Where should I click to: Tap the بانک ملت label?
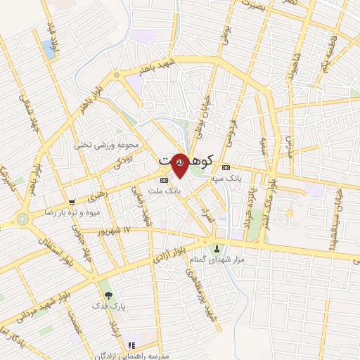tap(168, 190)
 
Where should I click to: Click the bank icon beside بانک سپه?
tap(226, 167)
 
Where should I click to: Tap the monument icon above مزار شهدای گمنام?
tap(217, 248)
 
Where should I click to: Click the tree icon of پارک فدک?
tap(108, 295)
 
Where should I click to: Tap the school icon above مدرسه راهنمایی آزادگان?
tap(131, 345)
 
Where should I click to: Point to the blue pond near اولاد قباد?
tap(49, 49)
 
